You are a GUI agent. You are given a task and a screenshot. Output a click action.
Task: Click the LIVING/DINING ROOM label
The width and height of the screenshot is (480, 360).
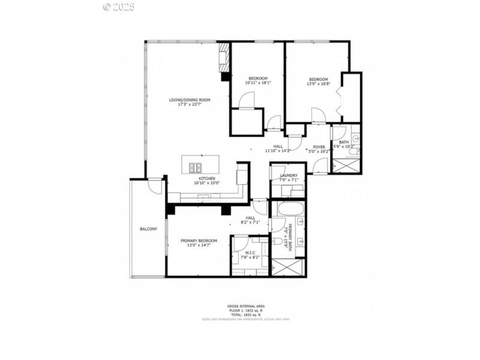[x=190, y=100]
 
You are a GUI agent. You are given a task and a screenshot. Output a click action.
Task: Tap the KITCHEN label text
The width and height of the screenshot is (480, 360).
[x=207, y=179]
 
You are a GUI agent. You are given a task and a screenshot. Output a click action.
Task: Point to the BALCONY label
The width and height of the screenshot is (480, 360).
[x=148, y=229]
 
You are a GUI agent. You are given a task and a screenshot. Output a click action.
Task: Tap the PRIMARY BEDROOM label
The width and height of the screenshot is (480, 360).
[x=198, y=241]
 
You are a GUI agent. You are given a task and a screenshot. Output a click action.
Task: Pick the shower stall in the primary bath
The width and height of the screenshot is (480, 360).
[x=288, y=267]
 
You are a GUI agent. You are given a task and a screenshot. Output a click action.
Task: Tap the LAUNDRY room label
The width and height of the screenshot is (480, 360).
[x=289, y=175]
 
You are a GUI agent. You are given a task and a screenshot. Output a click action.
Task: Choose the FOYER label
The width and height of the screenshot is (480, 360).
[x=319, y=146]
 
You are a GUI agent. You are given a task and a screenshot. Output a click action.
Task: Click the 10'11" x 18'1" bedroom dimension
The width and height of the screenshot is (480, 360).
[x=259, y=84]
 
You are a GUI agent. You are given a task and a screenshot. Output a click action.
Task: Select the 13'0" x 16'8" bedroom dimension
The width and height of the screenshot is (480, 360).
[x=318, y=84]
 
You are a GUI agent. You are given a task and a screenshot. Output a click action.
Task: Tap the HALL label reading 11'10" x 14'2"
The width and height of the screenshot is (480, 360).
[x=278, y=151]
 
